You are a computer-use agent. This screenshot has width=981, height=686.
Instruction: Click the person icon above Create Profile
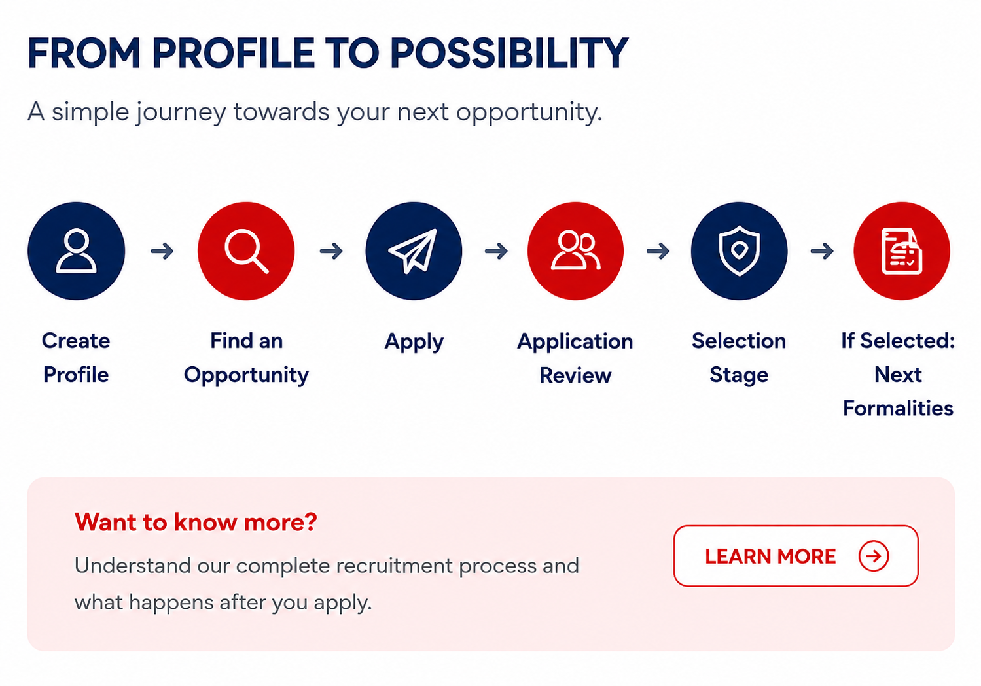(76, 251)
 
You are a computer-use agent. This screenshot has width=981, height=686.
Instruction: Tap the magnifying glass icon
(246, 251)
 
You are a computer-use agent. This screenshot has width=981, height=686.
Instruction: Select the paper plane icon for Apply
(413, 251)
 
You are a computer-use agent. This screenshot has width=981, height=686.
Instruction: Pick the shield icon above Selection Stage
(740, 251)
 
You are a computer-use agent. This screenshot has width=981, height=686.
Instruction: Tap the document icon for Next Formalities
(902, 251)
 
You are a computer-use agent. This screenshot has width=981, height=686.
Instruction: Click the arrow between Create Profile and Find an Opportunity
(162, 251)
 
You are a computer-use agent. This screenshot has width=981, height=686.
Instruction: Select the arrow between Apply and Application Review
(496, 251)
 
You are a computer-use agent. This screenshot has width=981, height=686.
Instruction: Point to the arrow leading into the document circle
(822, 251)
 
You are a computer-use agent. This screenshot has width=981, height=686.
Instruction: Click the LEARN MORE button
(796, 556)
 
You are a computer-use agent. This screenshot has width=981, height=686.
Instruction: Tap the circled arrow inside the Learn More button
(874, 556)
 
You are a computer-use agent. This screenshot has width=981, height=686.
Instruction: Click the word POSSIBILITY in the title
(509, 53)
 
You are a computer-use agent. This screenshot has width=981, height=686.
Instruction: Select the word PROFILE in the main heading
(233, 53)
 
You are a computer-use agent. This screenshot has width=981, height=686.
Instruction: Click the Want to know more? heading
(196, 522)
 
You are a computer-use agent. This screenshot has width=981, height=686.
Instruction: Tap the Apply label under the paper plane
(414, 342)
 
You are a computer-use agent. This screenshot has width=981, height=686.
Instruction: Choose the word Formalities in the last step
(898, 408)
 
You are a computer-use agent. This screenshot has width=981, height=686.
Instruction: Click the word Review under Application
(575, 375)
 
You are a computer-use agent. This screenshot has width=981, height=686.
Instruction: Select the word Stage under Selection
(739, 375)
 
